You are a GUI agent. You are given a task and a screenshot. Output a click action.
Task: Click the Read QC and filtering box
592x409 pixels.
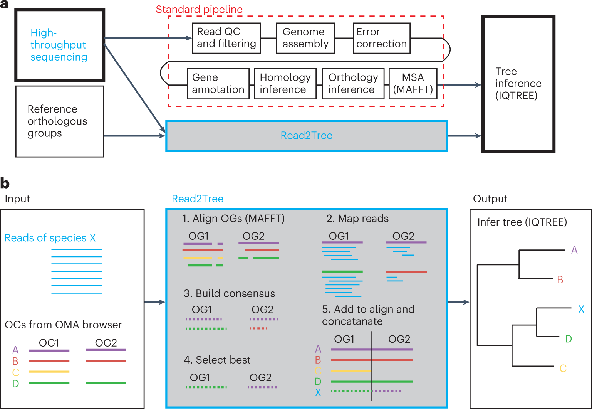point(226,38)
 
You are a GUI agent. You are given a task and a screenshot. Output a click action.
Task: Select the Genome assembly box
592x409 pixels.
point(305,38)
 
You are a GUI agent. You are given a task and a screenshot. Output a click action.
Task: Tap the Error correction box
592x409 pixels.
point(381,38)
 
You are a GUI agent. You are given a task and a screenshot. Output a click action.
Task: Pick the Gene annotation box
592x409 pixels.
point(218,84)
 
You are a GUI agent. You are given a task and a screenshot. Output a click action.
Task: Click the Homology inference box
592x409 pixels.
point(285,84)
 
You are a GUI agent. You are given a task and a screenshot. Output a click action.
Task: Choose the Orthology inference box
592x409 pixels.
point(353,84)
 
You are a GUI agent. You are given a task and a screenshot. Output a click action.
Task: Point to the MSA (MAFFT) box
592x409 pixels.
point(413,84)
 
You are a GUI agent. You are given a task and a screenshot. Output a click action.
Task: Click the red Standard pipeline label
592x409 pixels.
point(199,9)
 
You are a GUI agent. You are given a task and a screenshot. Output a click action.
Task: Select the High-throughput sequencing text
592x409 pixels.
point(59,45)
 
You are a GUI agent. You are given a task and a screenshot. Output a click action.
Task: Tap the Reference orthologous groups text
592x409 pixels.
point(57,121)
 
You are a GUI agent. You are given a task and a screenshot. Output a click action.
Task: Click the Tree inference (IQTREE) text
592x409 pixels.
point(518,83)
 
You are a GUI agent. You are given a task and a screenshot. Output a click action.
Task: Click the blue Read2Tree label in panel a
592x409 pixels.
point(306,136)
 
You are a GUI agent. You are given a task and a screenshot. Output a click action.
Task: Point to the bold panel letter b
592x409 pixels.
point(5,183)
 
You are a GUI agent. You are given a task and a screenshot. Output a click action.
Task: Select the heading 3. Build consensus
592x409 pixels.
point(229,293)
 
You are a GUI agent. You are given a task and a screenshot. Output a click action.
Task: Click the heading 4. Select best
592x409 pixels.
point(217,360)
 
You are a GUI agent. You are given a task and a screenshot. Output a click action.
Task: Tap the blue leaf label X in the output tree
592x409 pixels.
point(581,309)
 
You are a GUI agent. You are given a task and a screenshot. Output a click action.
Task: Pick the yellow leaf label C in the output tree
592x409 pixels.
point(563,369)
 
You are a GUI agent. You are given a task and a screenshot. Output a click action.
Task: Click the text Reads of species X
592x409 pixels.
point(50,238)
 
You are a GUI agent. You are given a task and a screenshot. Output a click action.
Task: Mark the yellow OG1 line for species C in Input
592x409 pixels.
point(49,372)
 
